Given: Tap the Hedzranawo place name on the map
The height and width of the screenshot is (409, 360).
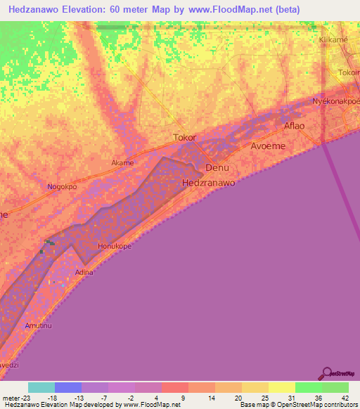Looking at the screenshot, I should (208, 183).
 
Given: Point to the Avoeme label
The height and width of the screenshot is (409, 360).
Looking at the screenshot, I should (266, 146).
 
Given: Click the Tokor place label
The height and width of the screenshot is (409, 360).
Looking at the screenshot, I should (184, 138).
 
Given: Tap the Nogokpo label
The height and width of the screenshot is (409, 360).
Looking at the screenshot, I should (62, 187).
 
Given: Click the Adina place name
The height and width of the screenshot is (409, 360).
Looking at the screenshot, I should (83, 272).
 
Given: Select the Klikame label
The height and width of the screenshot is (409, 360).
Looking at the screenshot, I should (335, 41).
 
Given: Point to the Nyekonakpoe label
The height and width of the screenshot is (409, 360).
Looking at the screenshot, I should (336, 101).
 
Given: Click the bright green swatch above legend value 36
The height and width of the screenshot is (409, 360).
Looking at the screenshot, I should (308, 387).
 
